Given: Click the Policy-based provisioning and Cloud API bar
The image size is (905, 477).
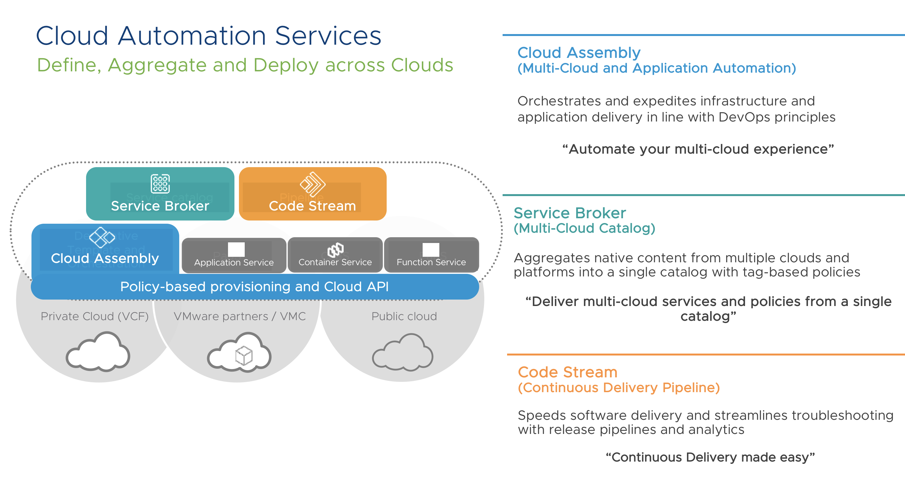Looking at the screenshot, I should (254, 287).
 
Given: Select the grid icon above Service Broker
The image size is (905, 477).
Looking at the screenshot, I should (160, 184).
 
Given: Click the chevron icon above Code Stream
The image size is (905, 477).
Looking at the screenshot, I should (312, 184).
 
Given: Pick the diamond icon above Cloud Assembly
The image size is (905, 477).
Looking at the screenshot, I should (102, 237).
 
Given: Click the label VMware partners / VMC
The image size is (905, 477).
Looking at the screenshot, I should (240, 316).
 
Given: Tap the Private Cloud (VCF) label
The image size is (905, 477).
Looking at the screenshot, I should (94, 316).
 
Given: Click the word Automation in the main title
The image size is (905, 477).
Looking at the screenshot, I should (192, 36).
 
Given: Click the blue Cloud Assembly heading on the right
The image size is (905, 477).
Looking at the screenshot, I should (579, 53).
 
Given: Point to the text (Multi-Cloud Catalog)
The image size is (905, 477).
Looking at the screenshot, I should (584, 228).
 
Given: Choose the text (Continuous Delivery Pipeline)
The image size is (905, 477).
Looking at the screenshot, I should (619, 387).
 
